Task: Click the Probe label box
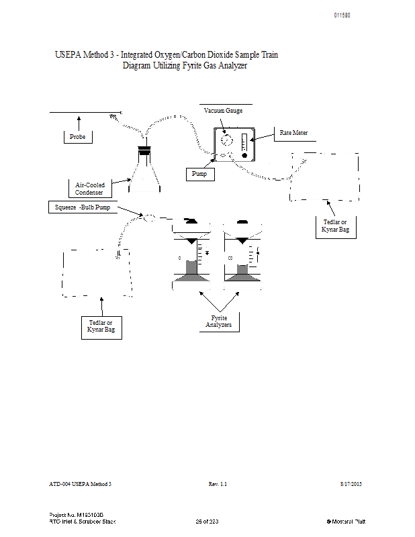(x=77, y=137)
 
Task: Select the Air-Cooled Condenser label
(x=89, y=189)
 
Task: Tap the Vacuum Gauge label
(x=223, y=111)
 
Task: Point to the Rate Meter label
(x=293, y=133)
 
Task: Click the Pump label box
(x=199, y=174)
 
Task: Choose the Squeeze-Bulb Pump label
(x=82, y=207)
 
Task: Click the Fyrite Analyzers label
(x=218, y=321)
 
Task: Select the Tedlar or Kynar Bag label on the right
(x=335, y=226)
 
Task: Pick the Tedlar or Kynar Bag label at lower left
(x=101, y=327)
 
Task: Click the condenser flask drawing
(x=144, y=173)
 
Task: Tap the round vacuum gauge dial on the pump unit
(x=226, y=140)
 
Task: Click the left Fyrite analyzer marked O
(x=191, y=258)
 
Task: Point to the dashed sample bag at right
(x=324, y=177)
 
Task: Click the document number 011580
(x=342, y=15)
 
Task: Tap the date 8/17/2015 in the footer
(x=352, y=483)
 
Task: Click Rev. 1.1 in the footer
(x=218, y=483)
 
